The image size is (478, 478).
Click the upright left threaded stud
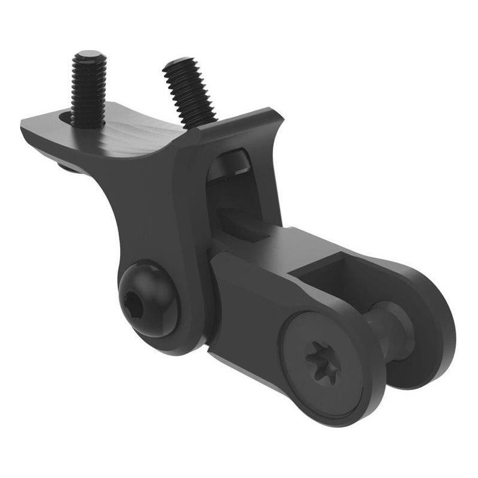click(88, 90)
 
